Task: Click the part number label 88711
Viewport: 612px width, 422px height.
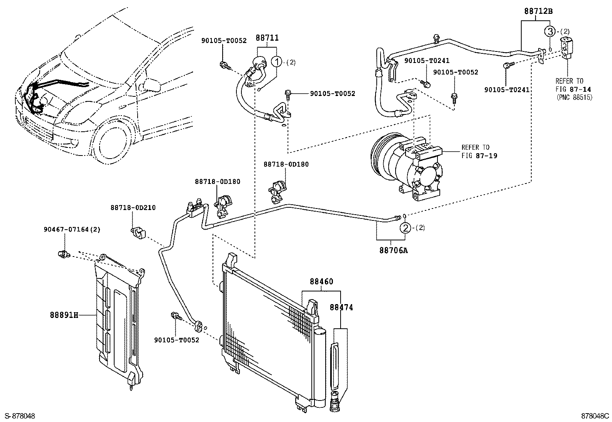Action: pyautogui.click(x=267, y=38)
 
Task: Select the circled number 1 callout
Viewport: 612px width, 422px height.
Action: pyautogui.click(x=276, y=61)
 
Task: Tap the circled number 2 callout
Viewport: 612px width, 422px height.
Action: pyautogui.click(x=405, y=228)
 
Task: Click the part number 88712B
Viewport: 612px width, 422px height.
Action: pyautogui.click(x=538, y=12)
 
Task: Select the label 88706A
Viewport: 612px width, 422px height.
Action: pyautogui.click(x=393, y=250)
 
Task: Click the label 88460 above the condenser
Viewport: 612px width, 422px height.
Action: pyautogui.click(x=321, y=281)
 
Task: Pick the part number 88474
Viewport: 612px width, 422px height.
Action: pyautogui.click(x=341, y=307)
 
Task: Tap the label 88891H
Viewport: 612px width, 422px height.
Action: pyautogui.click(x=64, y=315)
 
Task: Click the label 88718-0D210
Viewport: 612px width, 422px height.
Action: pyautogui.click(x=133, y=208)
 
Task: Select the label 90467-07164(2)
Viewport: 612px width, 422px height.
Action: pyautogui.click(x=72, y=230)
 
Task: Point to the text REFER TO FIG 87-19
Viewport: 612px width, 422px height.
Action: pyautogui.click(x=476, y=152)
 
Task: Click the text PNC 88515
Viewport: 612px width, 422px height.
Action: pyautogui.click(x=574, y=98)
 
